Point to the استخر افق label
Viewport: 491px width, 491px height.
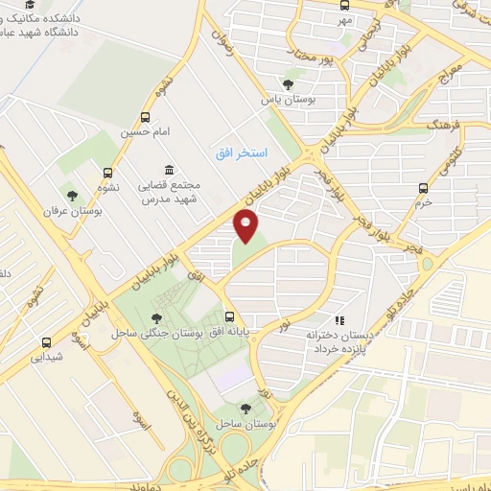pyautogui.click(x=241, y=152)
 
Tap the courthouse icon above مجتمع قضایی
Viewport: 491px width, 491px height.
pyautogui.click(x=169, y=170)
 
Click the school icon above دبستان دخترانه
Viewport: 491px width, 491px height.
pyautogui.click(x=339, y=321)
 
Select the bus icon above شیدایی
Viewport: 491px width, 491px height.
pyautogui.click(x=46, y=342)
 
